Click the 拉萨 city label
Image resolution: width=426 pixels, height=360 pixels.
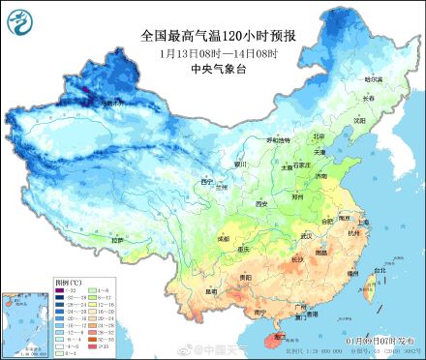(117, 239)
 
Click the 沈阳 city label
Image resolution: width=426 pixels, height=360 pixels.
(359, 122)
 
